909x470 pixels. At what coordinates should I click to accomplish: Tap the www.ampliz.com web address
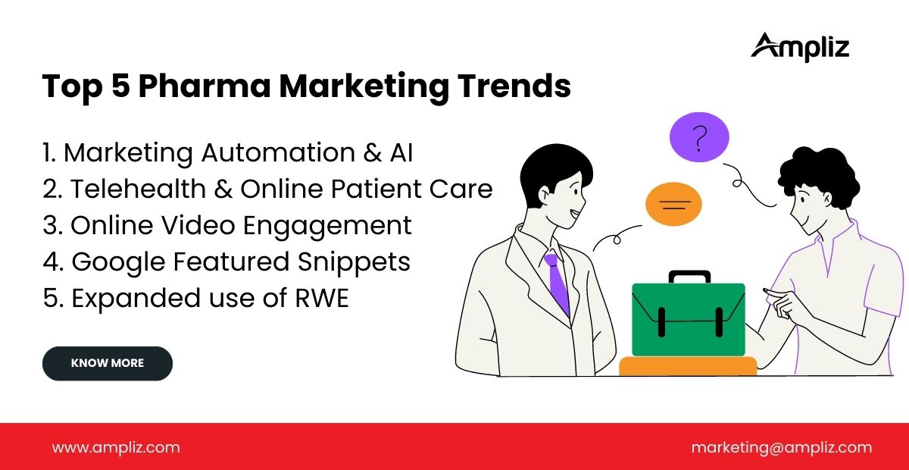pyautogui.click(x=116, y=447)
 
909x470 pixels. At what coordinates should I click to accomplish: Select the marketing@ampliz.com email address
pyautogui.click(x=781, y=447)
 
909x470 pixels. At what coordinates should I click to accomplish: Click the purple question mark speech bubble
pyautogui.click(x=699, y=138)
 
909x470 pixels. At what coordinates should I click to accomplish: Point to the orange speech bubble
pyautogui.click(x=673, y=204)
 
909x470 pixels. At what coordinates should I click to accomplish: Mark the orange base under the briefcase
pyautogui.click(x=688, y=366)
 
